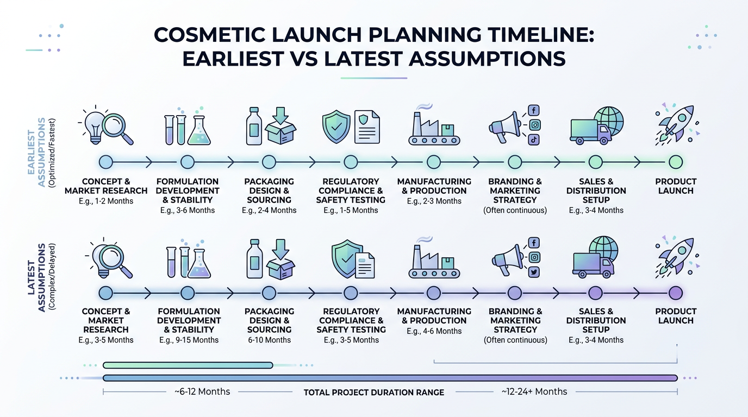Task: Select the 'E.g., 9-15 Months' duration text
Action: point(189,340)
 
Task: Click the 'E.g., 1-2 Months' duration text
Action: point(106,201)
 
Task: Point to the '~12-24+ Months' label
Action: point(534,391)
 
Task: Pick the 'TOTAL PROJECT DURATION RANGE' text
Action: point(373,392)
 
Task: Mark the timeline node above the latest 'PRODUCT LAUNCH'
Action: point(675,293)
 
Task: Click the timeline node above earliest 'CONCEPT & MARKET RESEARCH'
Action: point(105,162)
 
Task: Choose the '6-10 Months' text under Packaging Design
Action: point(270,340)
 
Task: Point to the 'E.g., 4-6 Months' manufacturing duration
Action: point(434,331)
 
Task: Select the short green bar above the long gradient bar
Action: point(188,365)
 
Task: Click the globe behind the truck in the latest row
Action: point(603,249)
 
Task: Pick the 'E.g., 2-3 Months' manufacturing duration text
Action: point(434,201)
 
